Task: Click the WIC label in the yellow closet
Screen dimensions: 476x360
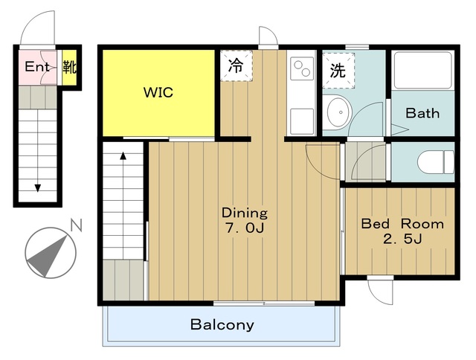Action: [x=158, y=92]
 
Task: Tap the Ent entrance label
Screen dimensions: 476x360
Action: [x=37, y=66]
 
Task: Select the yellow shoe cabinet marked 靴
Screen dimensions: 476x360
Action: [x=69, y=68]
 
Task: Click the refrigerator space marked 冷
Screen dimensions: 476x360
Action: [x=237, y=65]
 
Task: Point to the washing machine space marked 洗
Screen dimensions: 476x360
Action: [x=338, y=71]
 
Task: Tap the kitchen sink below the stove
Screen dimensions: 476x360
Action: [x=302, y=121]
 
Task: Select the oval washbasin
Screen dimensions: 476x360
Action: [x=339, y=112]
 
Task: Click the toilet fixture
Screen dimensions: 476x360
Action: [x=436, y=162]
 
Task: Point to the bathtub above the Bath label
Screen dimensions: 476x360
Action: [x=422, y=71]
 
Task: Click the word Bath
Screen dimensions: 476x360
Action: [x=422, y=113]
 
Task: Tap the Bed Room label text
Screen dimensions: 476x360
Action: [x=402, y=224]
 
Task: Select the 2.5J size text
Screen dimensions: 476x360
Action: [x=402, y=240]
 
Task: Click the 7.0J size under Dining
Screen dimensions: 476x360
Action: [x=245, y=228]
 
